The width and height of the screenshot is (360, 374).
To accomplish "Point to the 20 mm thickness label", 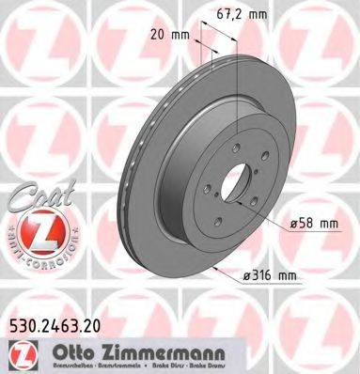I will click(x=171, y=33).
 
